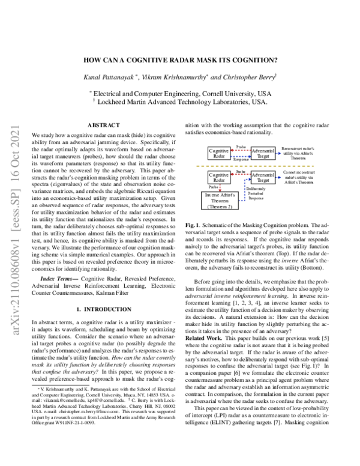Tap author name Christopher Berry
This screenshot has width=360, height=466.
[247, 77]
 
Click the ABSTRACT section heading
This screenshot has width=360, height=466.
[104, 125]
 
